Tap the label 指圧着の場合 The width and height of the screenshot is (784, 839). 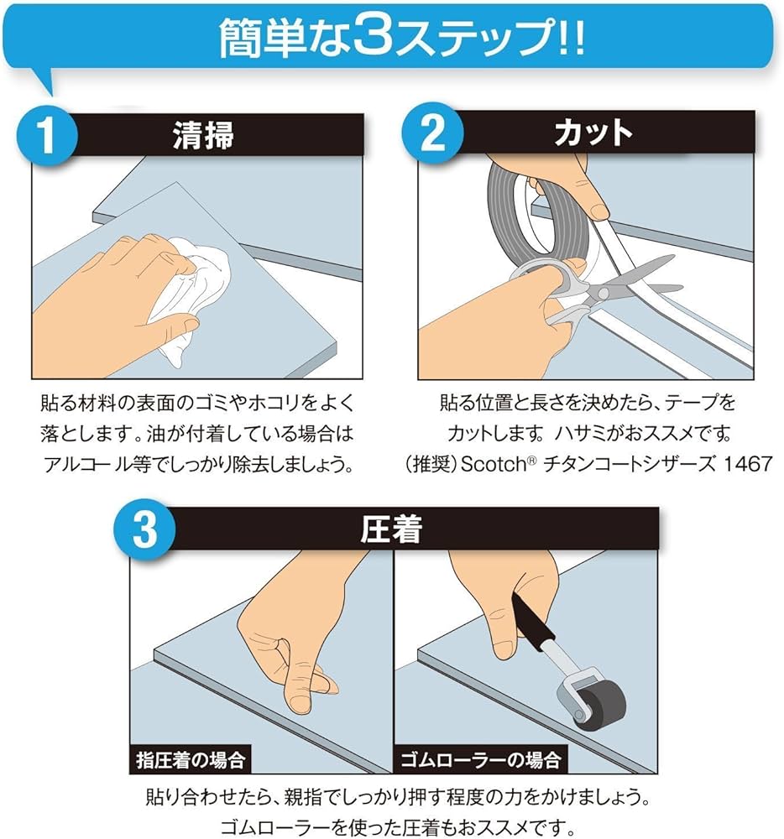click(191, 761)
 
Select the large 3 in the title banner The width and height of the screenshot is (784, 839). click(367, 39)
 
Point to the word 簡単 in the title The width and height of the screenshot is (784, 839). click(249, 39)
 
